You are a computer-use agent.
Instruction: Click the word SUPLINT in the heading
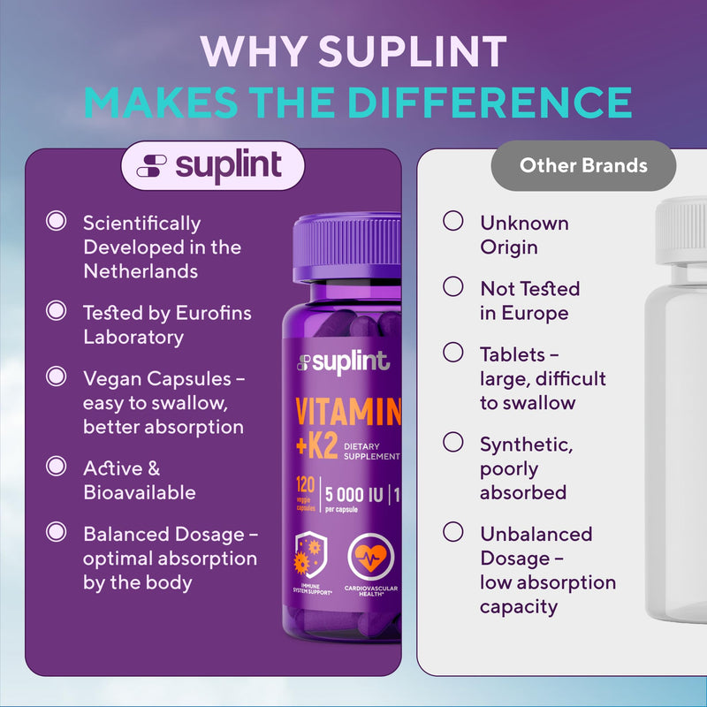pos(413,51)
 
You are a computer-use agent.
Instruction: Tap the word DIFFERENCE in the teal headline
pos(490,103)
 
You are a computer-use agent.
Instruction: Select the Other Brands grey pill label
pos(583,165)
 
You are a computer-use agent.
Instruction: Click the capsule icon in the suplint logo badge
pos(151,165)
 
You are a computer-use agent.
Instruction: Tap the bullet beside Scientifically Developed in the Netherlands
pos(57,221)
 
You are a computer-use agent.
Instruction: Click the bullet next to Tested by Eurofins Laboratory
pos(57,311)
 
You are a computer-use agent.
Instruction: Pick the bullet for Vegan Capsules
pos(57,376)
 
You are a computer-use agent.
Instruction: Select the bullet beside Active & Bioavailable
pos(57,467)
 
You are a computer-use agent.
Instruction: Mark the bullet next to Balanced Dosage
pos(57,532)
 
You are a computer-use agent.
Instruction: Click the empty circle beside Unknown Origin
pos(453,221)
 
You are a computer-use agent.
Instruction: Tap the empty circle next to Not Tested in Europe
pos(453,286)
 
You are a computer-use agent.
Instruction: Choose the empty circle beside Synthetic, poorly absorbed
pos(453,442)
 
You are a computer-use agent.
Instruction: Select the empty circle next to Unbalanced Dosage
pos(453,532)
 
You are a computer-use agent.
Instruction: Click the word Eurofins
pos(213,313)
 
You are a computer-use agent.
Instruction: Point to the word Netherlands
pos(141,271)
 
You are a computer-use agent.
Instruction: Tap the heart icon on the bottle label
pos(370,558)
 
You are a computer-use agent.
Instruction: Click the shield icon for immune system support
pos(311,555)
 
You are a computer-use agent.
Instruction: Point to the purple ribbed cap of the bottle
pos(346,247)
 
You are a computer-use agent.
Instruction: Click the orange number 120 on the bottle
pos(305,485)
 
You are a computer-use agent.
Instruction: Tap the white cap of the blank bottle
pos(681,231)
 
